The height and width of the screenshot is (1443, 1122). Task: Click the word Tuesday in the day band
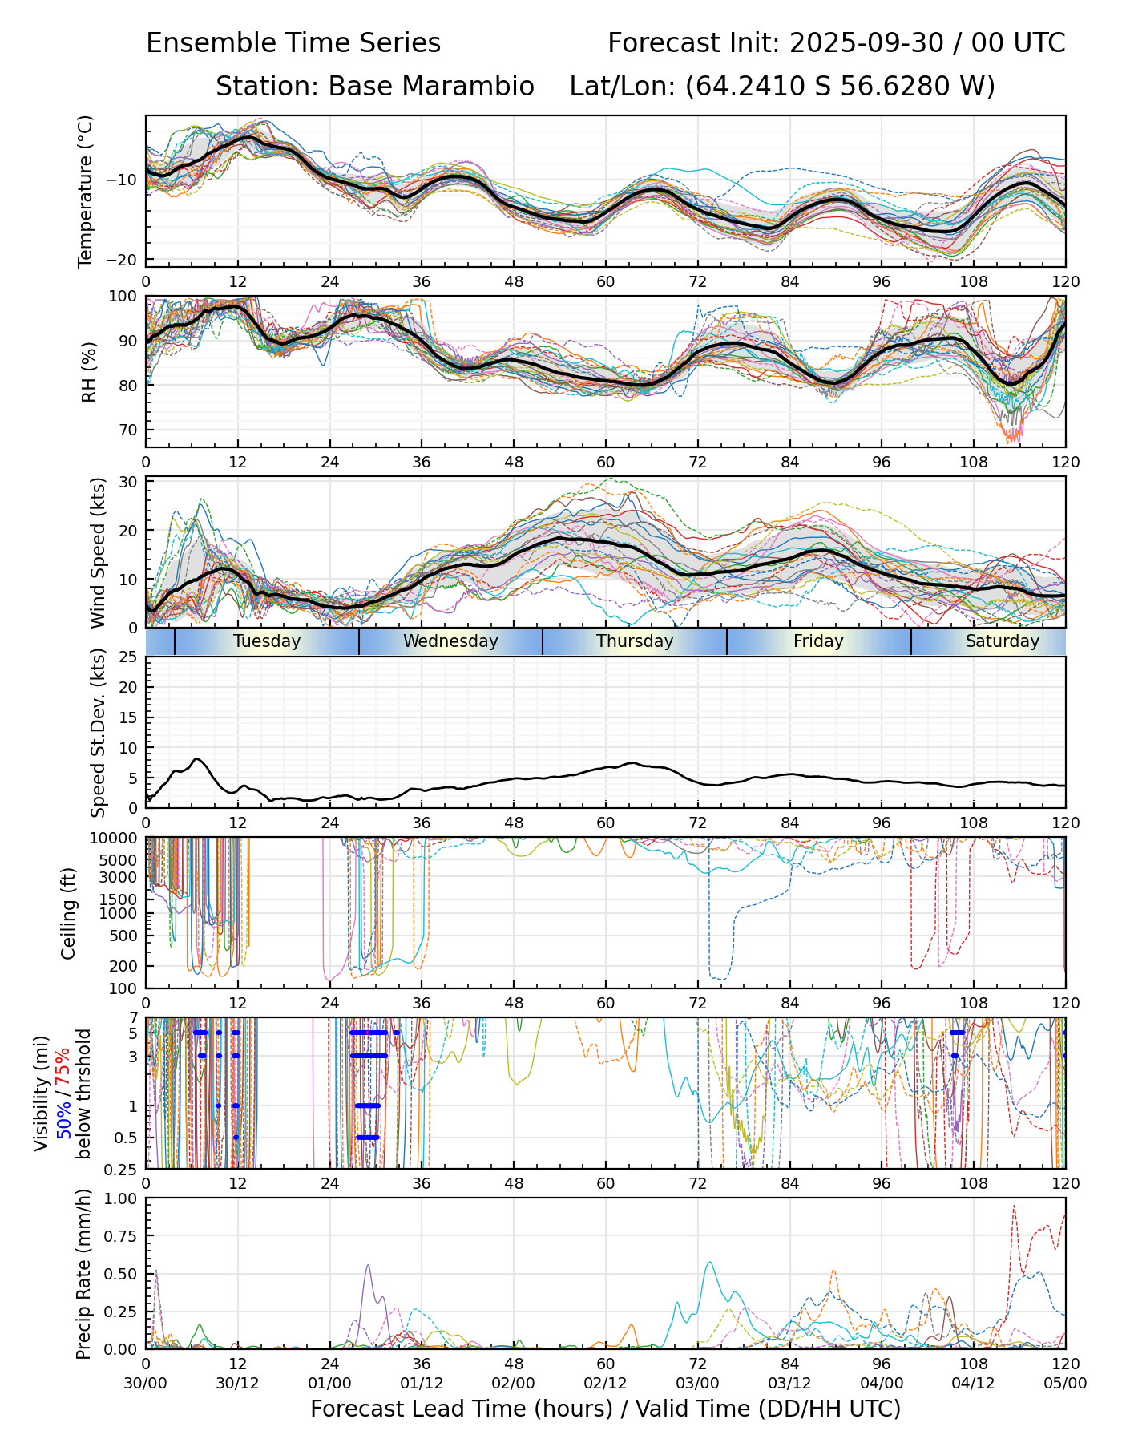267,641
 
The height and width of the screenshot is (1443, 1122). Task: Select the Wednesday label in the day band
450,641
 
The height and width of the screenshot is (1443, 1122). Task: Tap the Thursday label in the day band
635,641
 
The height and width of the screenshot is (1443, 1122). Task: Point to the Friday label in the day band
818,641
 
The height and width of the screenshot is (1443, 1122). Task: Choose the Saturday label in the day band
1002,641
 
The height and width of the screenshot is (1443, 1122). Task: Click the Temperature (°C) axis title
86,191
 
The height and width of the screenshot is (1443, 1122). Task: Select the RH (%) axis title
89,371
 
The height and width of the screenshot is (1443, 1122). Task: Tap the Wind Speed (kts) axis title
98,552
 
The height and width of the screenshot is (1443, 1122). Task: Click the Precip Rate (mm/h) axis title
83,1273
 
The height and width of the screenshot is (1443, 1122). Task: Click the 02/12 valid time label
605,1384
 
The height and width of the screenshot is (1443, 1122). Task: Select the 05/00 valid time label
1065,1384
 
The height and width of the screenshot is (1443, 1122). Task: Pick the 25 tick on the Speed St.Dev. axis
128,657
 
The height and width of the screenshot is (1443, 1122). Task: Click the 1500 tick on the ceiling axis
122,899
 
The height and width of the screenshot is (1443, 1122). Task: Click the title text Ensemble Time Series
293,43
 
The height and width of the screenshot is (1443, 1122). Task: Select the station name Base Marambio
431,87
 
